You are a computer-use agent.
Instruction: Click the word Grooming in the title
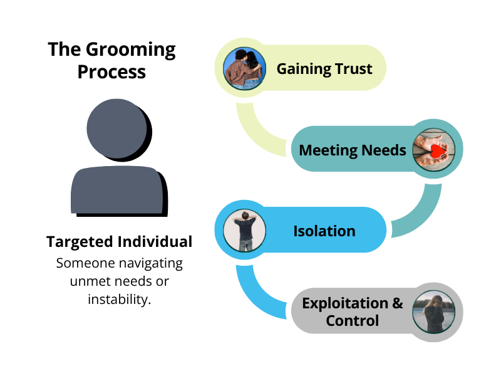pos(130,50)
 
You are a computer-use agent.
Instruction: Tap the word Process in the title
pos(111,71)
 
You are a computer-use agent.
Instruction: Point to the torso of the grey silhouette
pos(119,191)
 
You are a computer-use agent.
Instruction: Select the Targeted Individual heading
pos(119,241)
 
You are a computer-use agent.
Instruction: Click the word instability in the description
pos(118,300)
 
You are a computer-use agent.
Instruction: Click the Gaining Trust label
pos(324,69)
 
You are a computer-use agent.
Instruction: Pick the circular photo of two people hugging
pos(244,68)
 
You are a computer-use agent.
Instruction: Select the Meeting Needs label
pos(353,150)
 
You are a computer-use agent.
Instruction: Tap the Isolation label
pos(324,231)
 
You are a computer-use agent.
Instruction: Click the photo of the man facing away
pos(244,230)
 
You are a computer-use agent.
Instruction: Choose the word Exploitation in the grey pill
pos(345,303)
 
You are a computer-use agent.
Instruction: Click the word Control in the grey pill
pos(353,321)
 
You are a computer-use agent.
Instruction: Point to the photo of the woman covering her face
pos(433,312)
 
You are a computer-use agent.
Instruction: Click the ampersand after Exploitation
pos(398,303)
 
